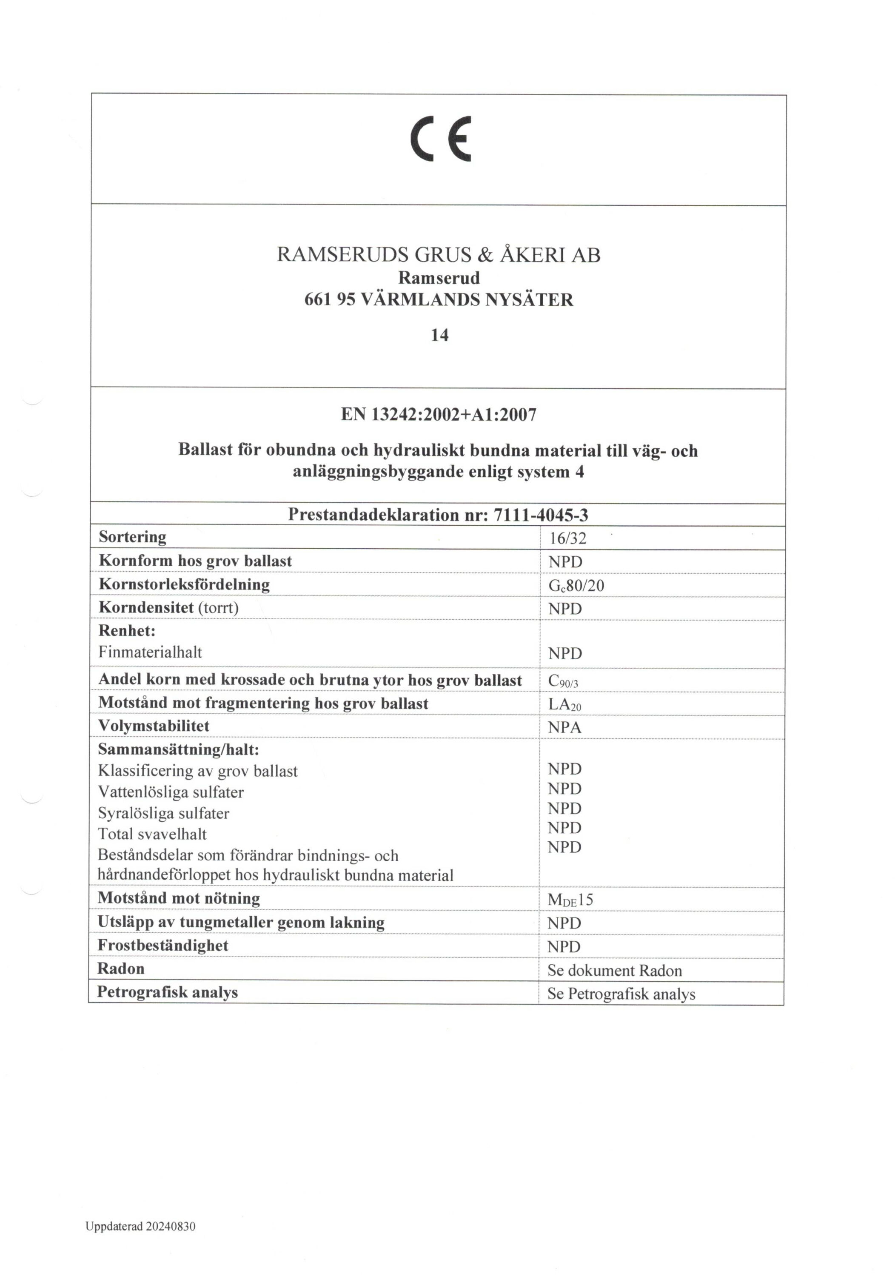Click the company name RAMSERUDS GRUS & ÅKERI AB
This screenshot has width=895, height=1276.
point(438,255)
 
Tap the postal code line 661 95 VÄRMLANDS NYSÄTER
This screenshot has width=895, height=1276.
point(438,300)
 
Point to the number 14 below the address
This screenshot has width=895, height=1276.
point(439,335)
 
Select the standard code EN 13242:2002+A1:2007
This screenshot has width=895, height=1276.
point(438,415)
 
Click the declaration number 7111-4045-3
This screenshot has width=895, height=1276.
point(540,515)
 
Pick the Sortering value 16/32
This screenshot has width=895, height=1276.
point(567,538)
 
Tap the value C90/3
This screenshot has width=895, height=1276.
point(563,681)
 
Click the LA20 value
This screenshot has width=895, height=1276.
point(564,705)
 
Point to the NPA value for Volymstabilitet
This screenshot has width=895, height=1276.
point(564,727)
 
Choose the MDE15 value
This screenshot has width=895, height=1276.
point(570,900)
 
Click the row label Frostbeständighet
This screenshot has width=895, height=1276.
point(162,946)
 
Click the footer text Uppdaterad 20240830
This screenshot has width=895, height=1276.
point(140,1227)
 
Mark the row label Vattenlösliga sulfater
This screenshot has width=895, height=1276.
point(171,792)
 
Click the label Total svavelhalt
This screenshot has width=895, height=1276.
point(152,834)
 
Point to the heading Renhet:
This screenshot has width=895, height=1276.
point(127,631)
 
